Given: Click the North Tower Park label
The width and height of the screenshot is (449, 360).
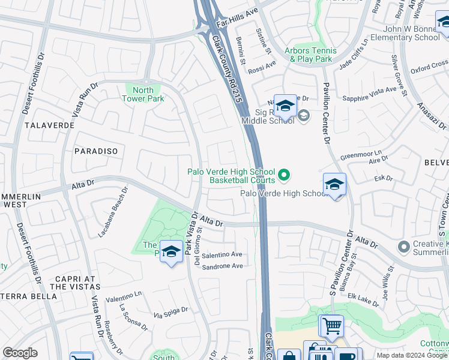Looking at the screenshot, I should coord(143,94).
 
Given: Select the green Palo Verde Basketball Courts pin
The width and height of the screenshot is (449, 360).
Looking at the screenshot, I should coord(284,175).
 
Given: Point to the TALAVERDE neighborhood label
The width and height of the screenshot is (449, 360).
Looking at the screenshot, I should coord(50,125).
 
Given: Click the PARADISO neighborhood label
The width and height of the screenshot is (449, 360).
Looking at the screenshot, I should coord(96,151).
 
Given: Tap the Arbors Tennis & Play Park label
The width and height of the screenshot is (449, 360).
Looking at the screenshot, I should coord(307,55).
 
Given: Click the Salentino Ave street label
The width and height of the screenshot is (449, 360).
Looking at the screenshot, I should coord(221,255).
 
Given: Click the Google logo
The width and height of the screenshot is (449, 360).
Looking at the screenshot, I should coord(20,352).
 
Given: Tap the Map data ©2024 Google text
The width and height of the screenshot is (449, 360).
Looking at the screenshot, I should coord(412,355).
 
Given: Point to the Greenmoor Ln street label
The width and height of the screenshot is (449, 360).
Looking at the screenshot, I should coord(361,154).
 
